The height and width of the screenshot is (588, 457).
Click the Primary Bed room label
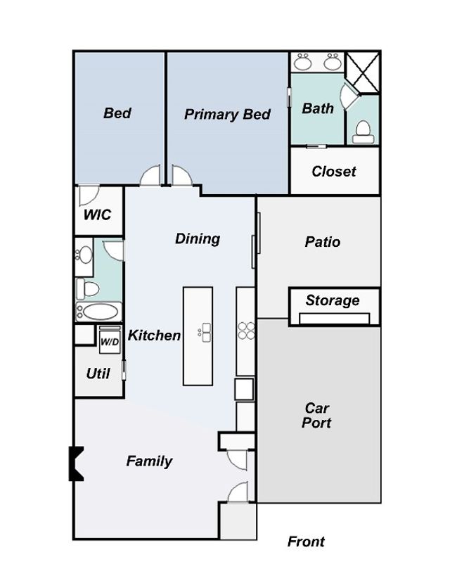click(227, 115)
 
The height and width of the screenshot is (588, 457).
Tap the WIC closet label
click(98, 215)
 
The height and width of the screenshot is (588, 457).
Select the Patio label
click(323, 242)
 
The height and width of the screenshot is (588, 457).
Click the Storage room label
click(333, 300)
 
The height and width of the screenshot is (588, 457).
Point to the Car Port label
click(317, 415)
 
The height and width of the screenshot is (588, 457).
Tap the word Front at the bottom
click(306, 542)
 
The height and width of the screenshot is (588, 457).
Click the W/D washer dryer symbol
click(110, 340)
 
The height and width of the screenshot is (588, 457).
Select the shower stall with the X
click(363, 72)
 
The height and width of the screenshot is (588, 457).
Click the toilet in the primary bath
click(363, 132)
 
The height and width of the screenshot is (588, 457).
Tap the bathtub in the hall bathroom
click(99, 312)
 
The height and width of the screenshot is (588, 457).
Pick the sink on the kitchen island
click(205, 332)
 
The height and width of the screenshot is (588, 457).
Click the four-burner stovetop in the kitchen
click(246, 331)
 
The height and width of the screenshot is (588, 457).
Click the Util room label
click(98, 374)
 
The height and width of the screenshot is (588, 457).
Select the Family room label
click(149, 461)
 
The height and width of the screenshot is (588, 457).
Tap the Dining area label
click(198, 239)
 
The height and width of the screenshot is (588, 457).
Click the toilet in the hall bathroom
click(88, 289)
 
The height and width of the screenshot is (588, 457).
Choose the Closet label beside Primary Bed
click(334, 172)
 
